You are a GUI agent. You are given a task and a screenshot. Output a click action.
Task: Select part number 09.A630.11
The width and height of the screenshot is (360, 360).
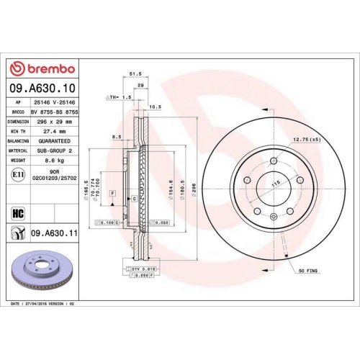point(56,233)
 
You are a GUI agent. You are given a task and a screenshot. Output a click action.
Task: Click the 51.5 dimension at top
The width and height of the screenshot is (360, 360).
point(133,74)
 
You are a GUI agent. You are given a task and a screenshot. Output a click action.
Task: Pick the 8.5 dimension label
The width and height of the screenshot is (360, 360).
point(117,136)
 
